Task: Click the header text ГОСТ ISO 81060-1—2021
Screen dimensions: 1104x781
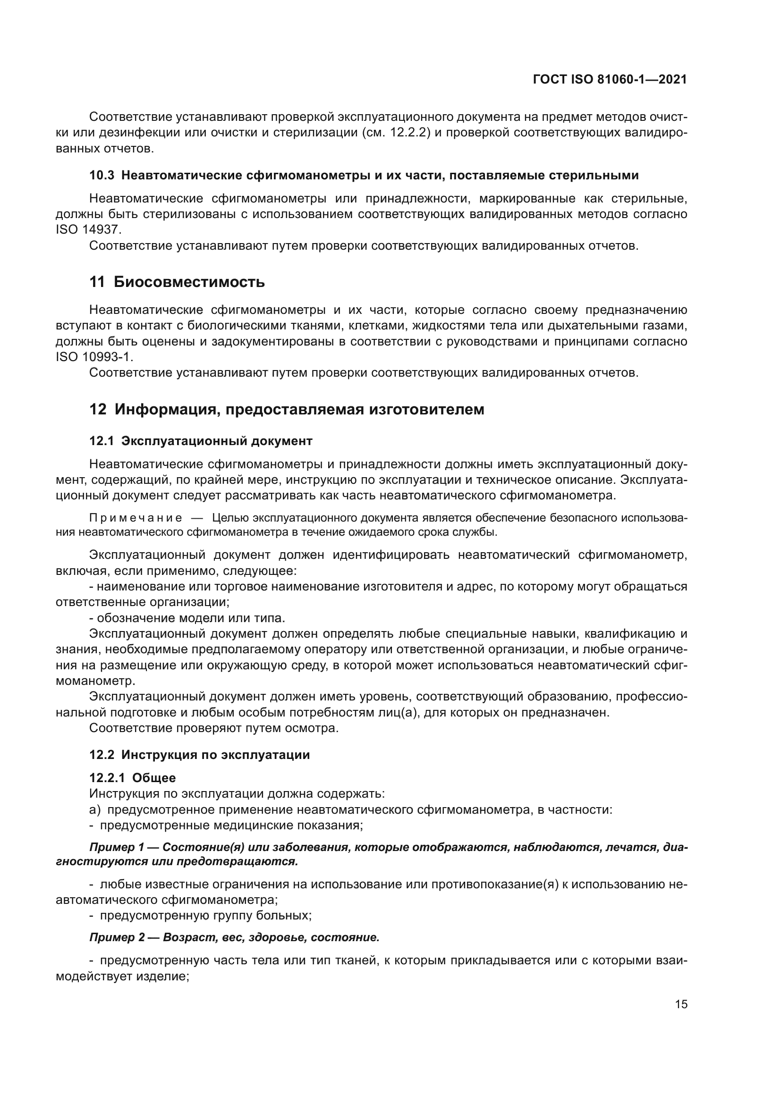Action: tap(610, 80)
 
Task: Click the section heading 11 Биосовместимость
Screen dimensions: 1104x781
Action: tap(177, 282)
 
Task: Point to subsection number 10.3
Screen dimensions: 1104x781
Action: tap(102, 176)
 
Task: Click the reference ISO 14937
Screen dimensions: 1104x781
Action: tap(89, 230)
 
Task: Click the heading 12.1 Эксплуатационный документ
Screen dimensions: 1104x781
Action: tap(201, 441)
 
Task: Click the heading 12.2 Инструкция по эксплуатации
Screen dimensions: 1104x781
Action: tap(200, 755)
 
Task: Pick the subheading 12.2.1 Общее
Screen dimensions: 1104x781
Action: tap(133, 778)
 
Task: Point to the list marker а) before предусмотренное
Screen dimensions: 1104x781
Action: tap(95, 810)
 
